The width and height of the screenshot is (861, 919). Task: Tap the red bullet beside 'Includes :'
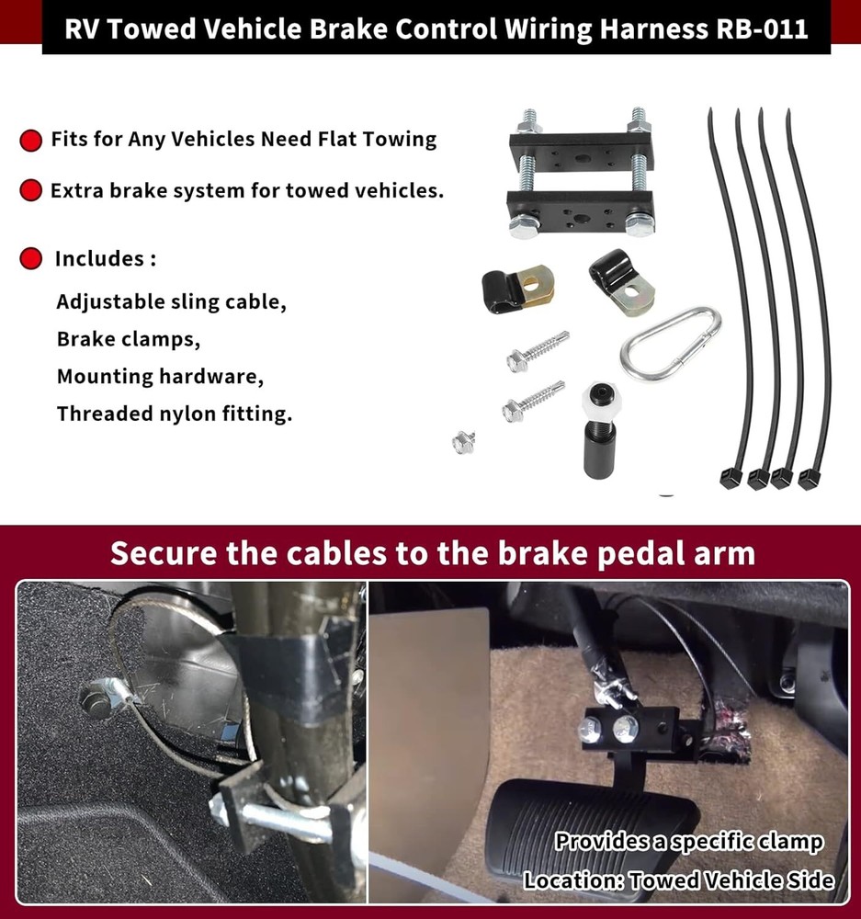tap(31, 259)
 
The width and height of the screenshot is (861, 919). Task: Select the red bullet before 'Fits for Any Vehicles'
tap(31, 141)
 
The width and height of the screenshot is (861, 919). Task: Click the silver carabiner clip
tap(670, 344)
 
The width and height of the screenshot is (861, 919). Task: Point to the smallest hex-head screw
tap(463, 442)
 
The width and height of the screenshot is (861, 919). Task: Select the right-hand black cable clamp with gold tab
tap(621, 279)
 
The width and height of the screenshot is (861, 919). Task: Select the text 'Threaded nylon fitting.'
tap(175, 414)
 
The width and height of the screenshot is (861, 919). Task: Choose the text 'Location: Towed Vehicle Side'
tap(679, 879)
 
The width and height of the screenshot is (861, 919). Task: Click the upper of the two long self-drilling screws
tap(538, 350)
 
